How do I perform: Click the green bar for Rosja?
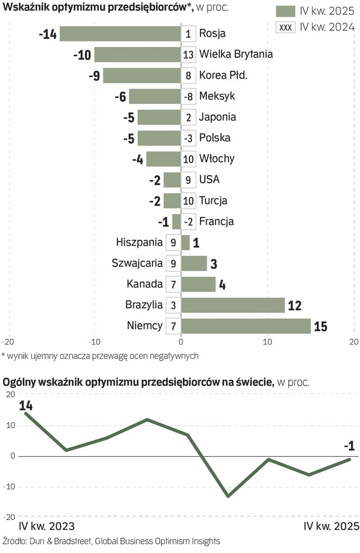coord(120,34)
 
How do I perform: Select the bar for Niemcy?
coord(246,326)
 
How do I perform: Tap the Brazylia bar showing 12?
coord(233,305)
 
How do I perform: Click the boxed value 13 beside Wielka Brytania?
coord(188,54)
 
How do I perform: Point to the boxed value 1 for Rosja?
coord(188,34)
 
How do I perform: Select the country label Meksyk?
coord(217,96)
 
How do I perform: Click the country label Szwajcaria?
coord(137,263)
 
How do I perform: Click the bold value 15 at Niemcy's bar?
coord(321,326)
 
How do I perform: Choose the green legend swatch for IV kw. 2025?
coord(286,11)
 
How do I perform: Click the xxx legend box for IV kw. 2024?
coord(286,27)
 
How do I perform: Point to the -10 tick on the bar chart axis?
coord(94,342)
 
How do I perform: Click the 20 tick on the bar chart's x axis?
coord(353,342)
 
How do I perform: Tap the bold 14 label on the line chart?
coord(26,406)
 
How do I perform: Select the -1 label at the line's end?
coord(349,446)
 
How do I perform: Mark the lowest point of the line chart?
coord(227,496)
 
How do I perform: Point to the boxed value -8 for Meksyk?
coord(188,96)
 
